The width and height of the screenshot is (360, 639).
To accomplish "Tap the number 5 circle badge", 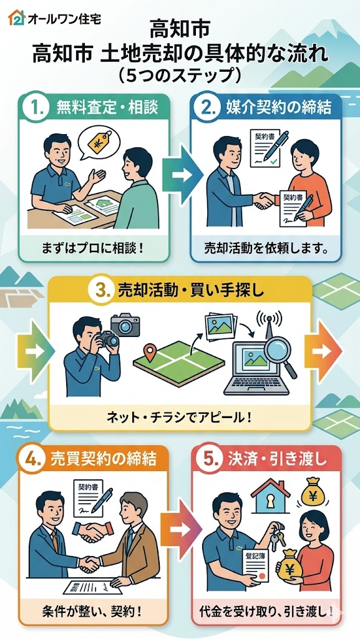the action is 208,459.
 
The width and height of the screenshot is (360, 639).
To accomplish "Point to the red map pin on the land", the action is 151,353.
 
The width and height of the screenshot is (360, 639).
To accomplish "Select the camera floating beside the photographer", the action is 125,324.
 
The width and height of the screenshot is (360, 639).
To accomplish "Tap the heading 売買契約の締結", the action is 103,459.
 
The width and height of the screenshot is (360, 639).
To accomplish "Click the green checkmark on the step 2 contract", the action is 274,162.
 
